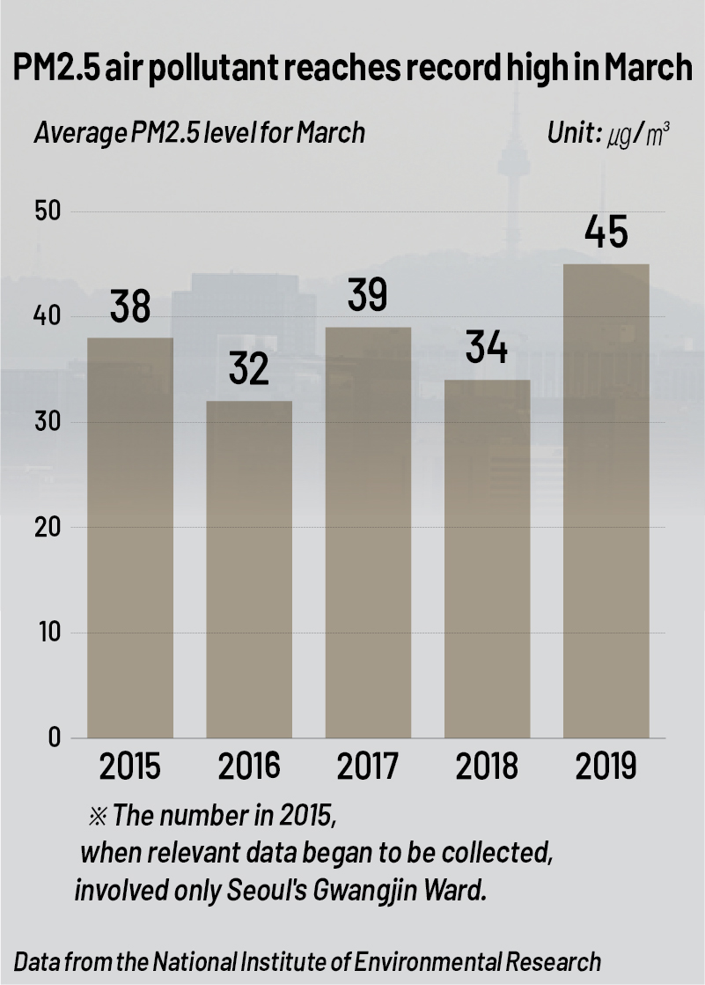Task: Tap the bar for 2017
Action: click(368, 532)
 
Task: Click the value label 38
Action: click(130, 307)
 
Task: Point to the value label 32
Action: click(249, 369)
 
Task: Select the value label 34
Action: click(487, 348)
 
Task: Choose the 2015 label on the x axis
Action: click(130, 766)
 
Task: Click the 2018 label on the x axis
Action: click(487, 766)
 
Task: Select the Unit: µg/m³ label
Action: click(608, 133)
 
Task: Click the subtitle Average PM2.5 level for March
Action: click(199, 133)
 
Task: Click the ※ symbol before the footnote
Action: click(97, 816)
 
